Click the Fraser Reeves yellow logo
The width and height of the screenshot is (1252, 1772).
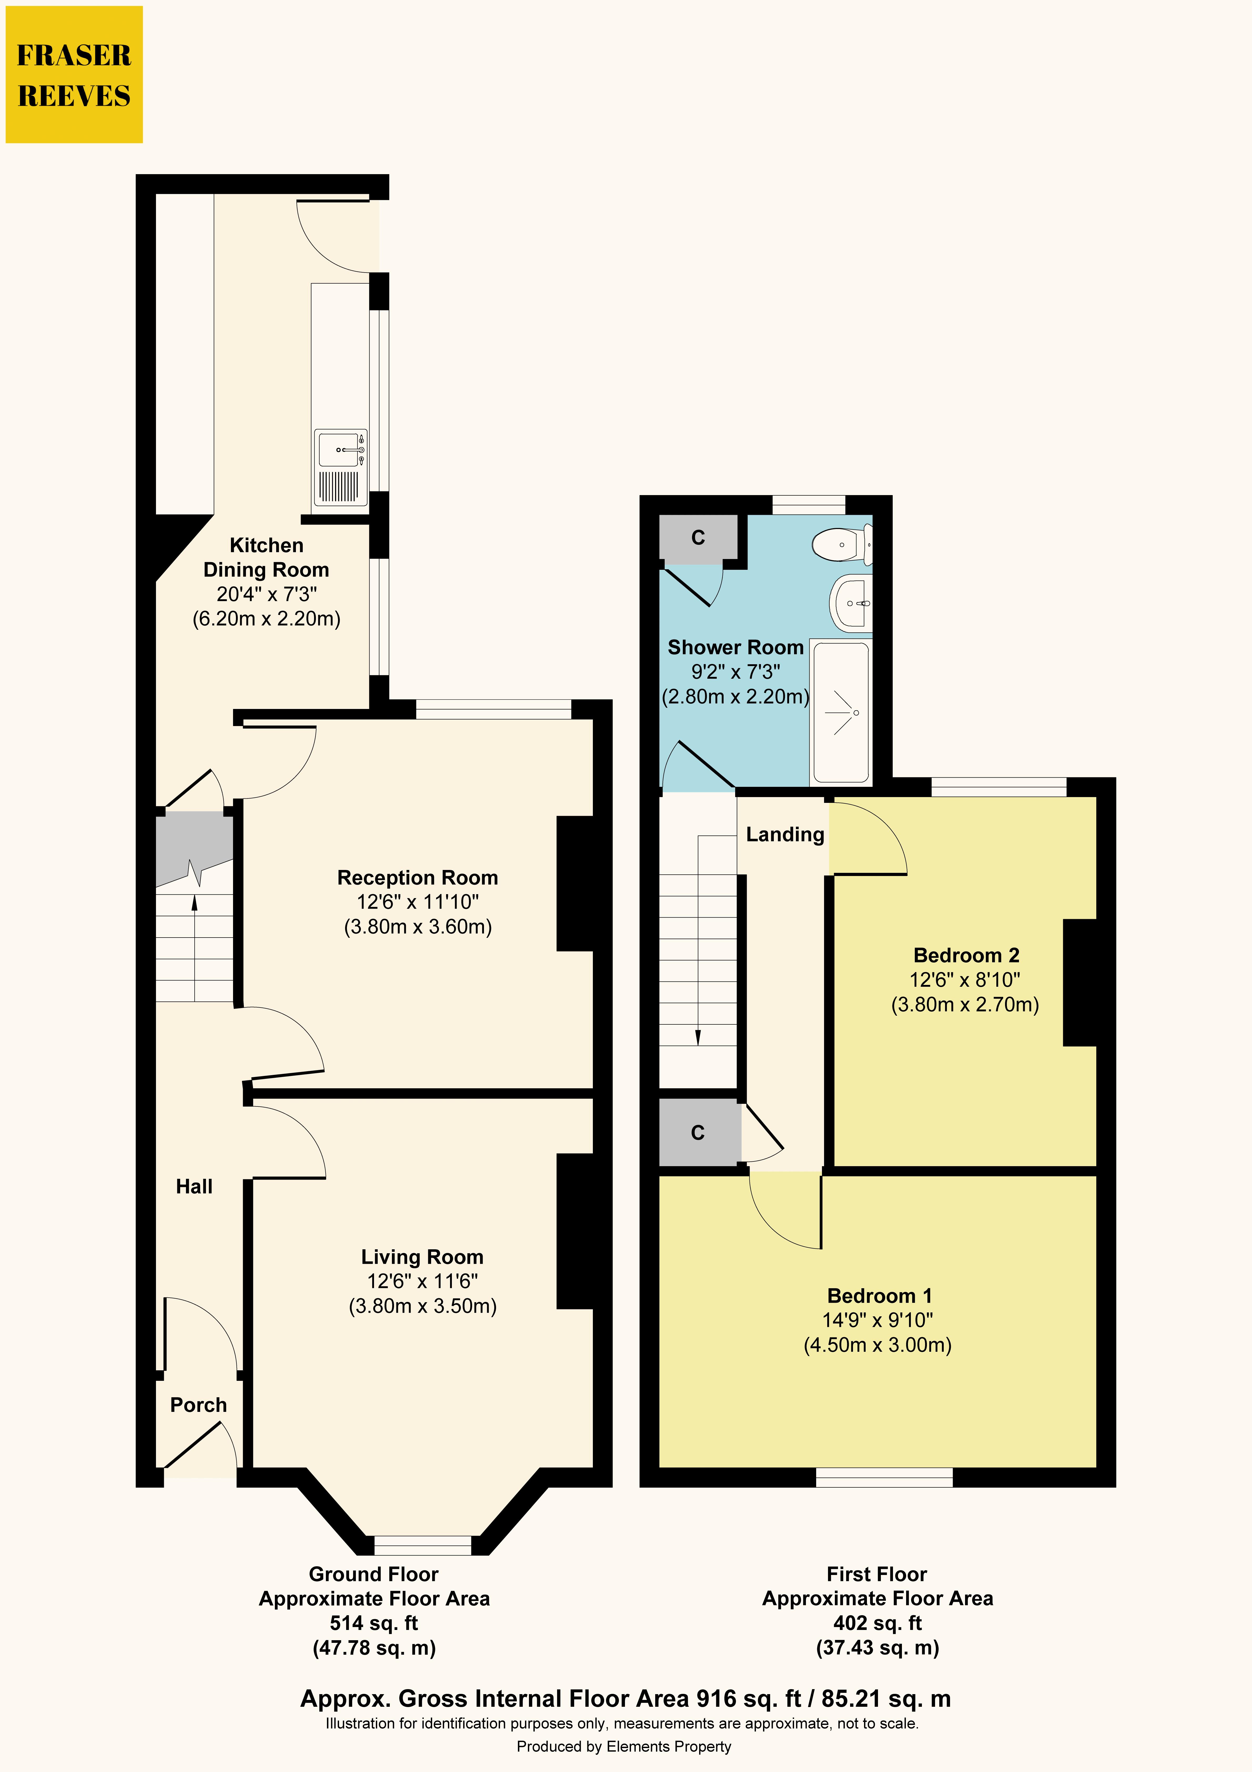[x=74, y=75]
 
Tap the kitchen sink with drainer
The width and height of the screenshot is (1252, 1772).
[x=340, y=467]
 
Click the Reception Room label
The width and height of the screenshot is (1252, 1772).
[x=418, y=878]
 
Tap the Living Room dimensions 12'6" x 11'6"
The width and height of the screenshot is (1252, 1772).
[x=422, y=1281]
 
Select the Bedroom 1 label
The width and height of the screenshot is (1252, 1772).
[x=879, y=1296]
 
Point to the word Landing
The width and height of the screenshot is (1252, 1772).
[x=785, y=834]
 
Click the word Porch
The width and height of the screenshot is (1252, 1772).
[x=198, y=1405]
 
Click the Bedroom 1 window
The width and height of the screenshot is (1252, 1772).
[x=885, y=1477]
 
